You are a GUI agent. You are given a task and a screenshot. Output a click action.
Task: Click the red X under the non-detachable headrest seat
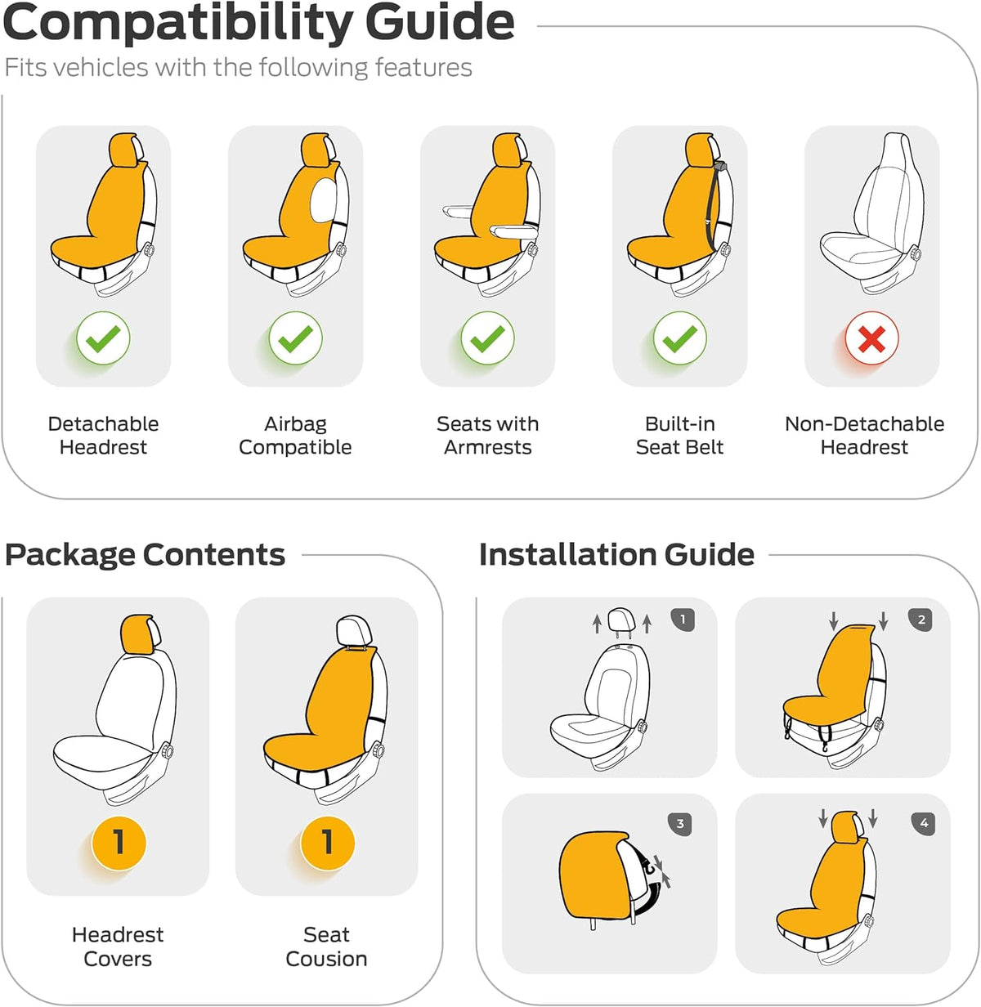click(871, 338)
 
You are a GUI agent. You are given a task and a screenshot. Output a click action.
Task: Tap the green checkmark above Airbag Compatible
click(295, 338)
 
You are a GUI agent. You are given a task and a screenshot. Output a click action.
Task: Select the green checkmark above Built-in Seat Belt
click(679, 338)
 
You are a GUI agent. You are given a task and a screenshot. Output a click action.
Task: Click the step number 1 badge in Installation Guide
click(683, 620)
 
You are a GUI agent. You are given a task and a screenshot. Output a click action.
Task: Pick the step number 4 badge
click(924, 824)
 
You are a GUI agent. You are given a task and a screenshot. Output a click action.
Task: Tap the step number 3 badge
click(679, 824)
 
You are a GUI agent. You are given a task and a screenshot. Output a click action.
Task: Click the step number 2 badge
click(921, 620)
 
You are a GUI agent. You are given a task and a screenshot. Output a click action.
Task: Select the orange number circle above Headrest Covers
click(119, 843)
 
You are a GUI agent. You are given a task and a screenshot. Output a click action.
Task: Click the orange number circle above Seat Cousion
click(327, 843)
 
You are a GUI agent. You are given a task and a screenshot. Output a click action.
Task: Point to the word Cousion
click(326, 959)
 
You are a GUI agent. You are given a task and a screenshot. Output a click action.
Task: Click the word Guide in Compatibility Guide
click(440, 23)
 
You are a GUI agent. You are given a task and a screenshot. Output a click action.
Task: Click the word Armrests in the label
click(488, 447)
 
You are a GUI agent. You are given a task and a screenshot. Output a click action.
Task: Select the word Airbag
click(295, 424)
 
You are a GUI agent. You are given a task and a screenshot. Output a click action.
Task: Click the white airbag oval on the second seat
click(324, 200)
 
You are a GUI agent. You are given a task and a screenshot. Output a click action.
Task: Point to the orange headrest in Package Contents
click(137, 634)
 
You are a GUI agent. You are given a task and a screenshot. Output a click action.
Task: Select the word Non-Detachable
click(864, 424)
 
